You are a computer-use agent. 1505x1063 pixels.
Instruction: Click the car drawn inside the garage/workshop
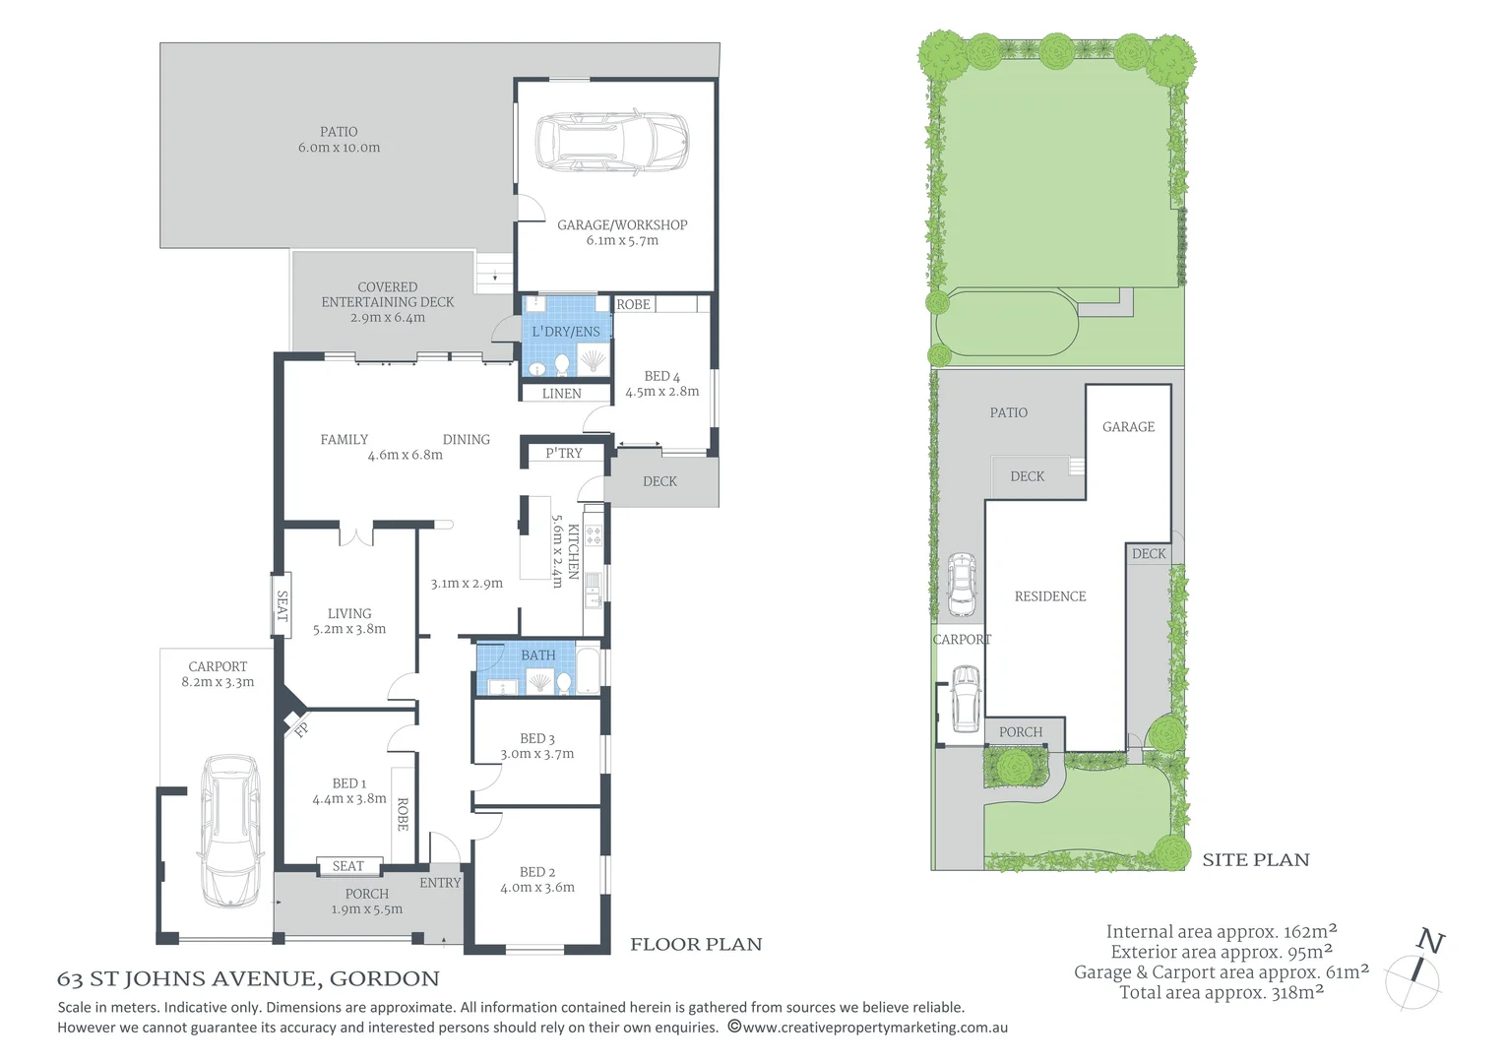point(611,143)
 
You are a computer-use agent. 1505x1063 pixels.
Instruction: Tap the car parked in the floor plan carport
point(230,831)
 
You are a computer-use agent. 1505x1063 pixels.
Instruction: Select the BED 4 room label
point(661,376)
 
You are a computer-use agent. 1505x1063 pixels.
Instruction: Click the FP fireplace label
point(301,729)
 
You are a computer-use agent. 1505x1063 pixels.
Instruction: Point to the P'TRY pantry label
point(564,454)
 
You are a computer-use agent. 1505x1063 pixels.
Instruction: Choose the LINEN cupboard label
point(561,394)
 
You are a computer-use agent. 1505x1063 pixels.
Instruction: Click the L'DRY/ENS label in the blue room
point(566,332)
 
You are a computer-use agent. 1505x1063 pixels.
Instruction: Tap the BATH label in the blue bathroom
point(538,656)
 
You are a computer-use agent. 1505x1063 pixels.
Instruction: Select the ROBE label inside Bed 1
point(403,814)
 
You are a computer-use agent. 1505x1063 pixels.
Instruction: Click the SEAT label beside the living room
point(282,605)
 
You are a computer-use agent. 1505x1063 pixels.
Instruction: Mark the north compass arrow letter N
point(1430,943)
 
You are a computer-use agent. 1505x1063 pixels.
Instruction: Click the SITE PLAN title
point(1255,860)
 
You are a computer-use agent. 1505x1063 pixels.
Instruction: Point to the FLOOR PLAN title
point(696,945)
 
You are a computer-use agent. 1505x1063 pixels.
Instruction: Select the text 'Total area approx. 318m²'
point(1221,993)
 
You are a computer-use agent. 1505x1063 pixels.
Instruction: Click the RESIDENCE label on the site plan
point(1050,596)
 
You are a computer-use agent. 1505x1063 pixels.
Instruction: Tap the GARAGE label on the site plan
point(1128,427)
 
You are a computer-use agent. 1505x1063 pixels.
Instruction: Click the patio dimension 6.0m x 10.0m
point(339,148)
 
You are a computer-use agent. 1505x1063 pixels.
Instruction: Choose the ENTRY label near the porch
point(440,883)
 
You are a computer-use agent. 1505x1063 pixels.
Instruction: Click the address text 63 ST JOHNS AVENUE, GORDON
point(248,979)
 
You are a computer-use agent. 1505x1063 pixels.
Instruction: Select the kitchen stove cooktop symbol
point(594,536)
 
